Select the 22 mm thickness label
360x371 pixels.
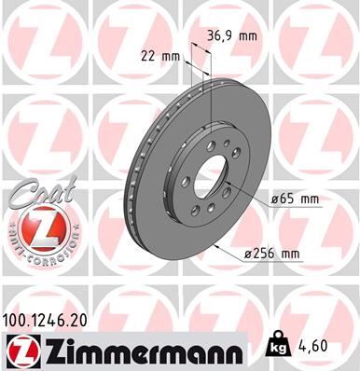[x=160, y=55]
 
